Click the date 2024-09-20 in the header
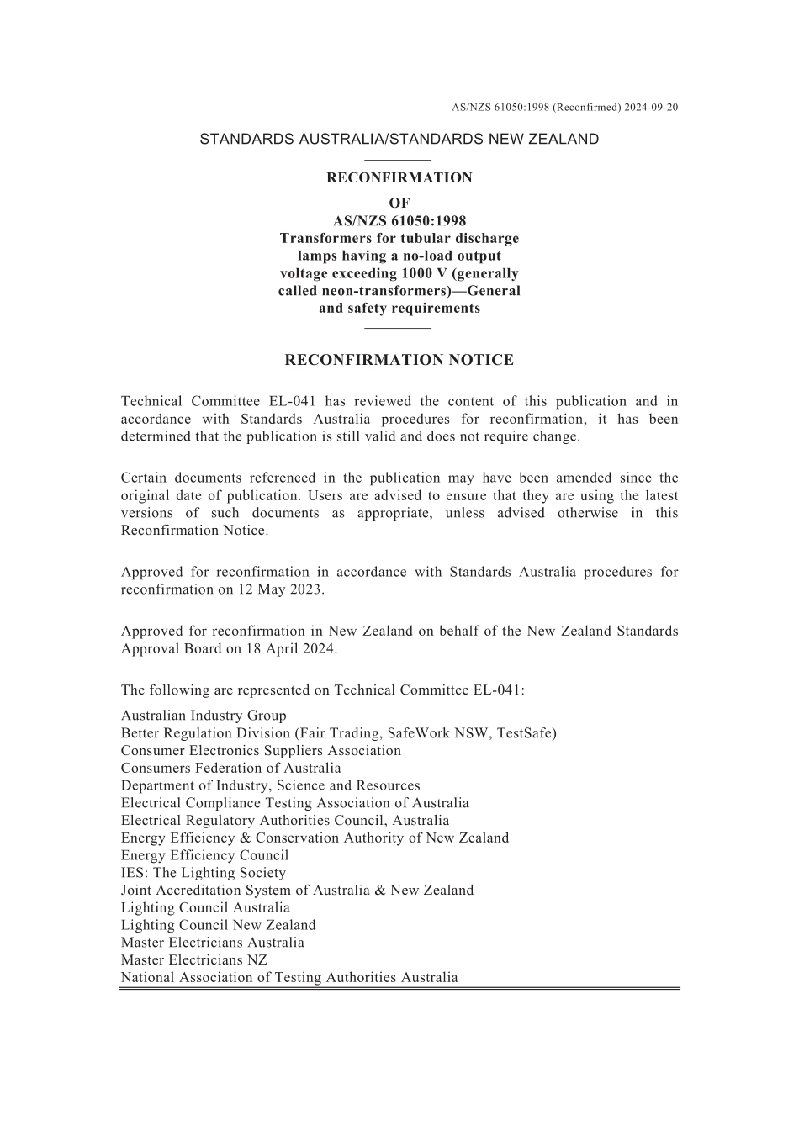click(652, 108)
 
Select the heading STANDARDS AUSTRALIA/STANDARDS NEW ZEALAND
click(399, 140)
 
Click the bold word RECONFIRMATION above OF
click(399, 177)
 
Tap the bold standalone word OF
click(399, 203)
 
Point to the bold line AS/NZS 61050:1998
click(399, 221)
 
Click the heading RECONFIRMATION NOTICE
click(399, 360)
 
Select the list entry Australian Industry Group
click(204, 716)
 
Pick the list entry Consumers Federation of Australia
click(230, 768)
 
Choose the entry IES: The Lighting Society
click(203, 873)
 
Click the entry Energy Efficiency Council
click(204, 855)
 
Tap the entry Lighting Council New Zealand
click(218, 925)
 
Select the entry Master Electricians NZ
click(193, 959)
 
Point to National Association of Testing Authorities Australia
click(289, 977)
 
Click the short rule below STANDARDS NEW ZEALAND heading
click(399, 160)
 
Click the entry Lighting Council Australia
click(205, 907)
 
